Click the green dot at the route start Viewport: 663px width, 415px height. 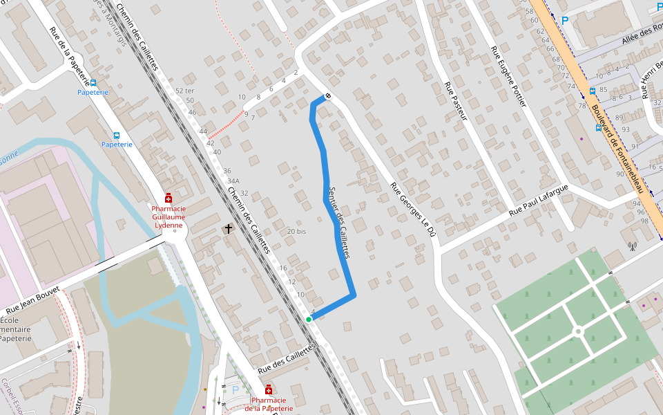[309, 319]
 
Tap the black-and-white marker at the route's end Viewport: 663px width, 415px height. [327, 96]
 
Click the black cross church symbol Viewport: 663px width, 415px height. [229, 228]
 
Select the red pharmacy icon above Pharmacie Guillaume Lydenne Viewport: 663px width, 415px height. [168, 198]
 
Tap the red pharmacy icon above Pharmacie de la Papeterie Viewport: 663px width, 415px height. [269, 390]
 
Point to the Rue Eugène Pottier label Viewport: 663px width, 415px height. [508, 77]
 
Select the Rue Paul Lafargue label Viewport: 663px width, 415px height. [539, 201]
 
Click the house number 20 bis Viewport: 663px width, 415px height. [296, 231]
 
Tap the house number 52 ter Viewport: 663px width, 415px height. [184, 91]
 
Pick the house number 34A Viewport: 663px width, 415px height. [233, 181]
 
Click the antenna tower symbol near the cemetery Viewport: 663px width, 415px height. [631, 245]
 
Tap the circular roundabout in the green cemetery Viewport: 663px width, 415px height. [579, 332]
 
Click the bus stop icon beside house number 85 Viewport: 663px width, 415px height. [592, 91]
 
